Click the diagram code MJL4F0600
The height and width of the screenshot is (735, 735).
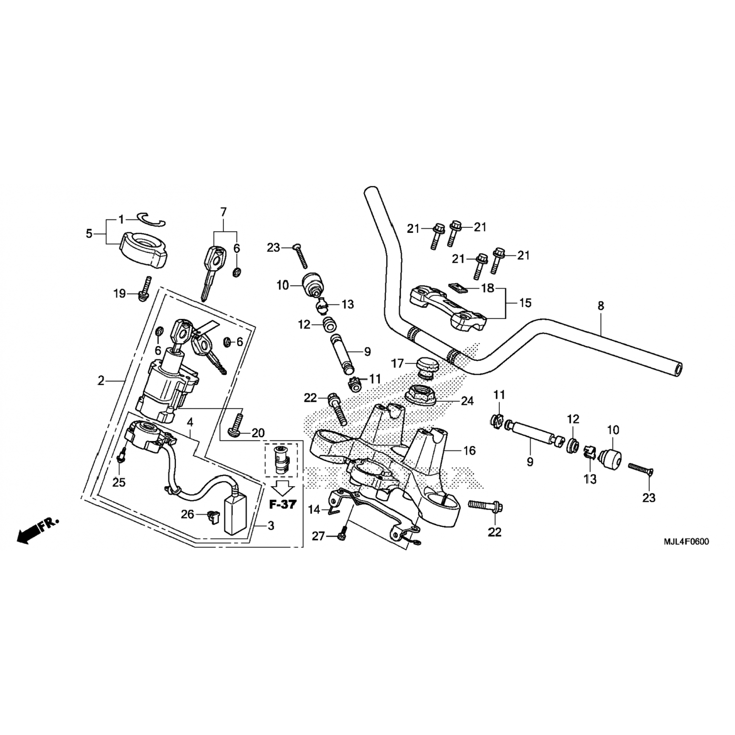(686, 542)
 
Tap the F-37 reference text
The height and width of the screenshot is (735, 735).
(283, 504)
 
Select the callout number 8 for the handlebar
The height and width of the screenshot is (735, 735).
(601, 306)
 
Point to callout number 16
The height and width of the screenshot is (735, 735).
(469, 450)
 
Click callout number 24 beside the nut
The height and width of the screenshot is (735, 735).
(467, 401)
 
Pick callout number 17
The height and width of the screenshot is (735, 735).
(397, 364)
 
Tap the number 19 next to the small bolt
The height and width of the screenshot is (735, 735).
(120, 294)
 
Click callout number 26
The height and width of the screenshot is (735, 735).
(188, 514)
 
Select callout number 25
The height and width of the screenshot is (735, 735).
(119, 482)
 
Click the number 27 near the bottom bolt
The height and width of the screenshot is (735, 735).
(318, 537)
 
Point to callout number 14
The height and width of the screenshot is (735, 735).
(314, 510)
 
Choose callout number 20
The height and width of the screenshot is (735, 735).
(258, 433)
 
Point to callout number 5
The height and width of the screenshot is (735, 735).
(89, 234)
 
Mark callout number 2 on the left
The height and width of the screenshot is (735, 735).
(101, 380)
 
